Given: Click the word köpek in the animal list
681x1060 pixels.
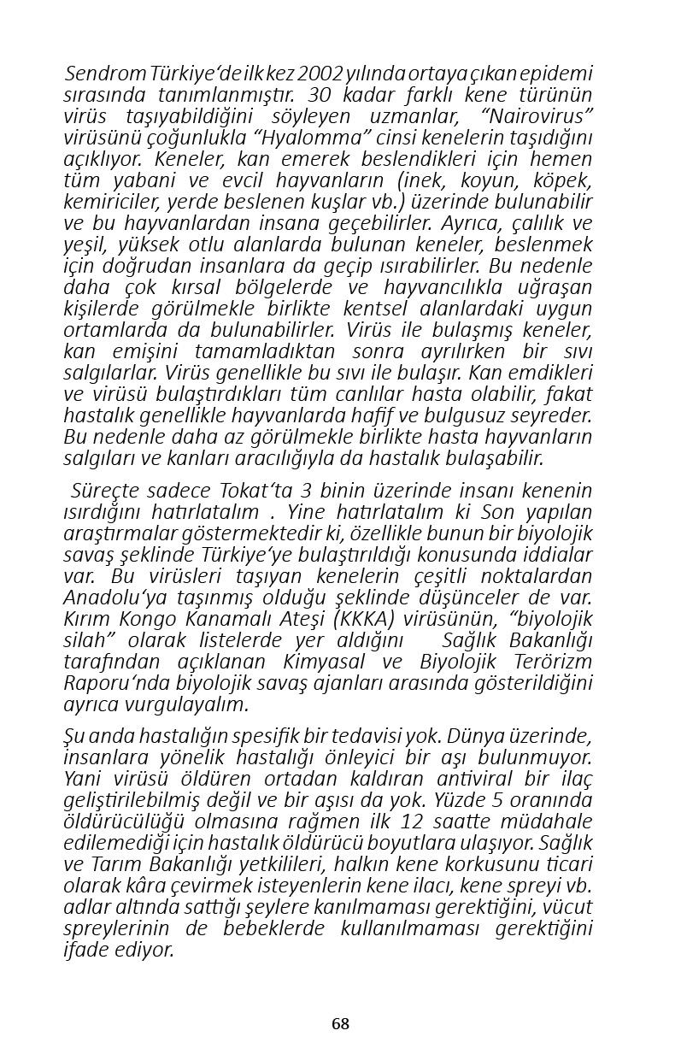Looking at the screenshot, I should (563, 180).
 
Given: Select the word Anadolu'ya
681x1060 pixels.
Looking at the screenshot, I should (114, 598).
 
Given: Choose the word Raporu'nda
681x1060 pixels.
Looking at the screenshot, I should (114, 683).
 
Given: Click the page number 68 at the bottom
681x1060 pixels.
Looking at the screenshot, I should (340, 1024).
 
